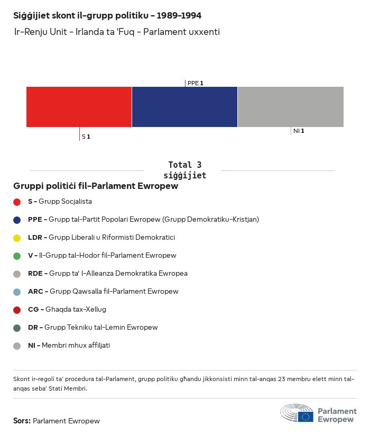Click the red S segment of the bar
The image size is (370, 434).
point(79,106)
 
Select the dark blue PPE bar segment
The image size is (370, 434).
point(184,106)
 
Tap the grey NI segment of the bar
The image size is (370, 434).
point(291,106)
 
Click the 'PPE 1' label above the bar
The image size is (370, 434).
point(195,83)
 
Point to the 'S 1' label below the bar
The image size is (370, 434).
point(86,137)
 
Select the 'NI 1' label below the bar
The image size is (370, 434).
point(299,131)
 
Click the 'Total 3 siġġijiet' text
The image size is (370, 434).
point(184,170)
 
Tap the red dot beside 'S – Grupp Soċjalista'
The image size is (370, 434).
point(17,202)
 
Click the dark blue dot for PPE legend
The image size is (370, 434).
point(17,220)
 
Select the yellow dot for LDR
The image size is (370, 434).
point(17,238)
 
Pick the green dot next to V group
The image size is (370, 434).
point(17,256)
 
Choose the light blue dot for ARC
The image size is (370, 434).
point(17,292)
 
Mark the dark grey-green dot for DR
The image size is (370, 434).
point(17,328)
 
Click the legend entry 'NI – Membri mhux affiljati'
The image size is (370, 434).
point(69,346)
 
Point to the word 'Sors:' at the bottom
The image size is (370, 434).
point(22,421)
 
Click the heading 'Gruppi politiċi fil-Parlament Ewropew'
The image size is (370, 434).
point(95,186)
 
